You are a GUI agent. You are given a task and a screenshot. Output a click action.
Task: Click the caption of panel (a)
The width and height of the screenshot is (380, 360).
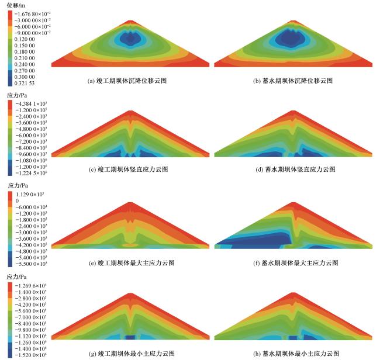click(130, 81)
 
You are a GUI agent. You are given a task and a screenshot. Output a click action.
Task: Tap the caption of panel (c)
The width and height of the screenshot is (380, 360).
click(130, 169)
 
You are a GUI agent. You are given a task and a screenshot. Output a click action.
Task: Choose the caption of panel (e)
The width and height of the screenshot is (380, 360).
click(130, 262)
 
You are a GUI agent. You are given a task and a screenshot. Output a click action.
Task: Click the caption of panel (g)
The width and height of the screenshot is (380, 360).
click(130, 353)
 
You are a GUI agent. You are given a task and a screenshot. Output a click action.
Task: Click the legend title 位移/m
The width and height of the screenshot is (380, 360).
click(16, 4)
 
